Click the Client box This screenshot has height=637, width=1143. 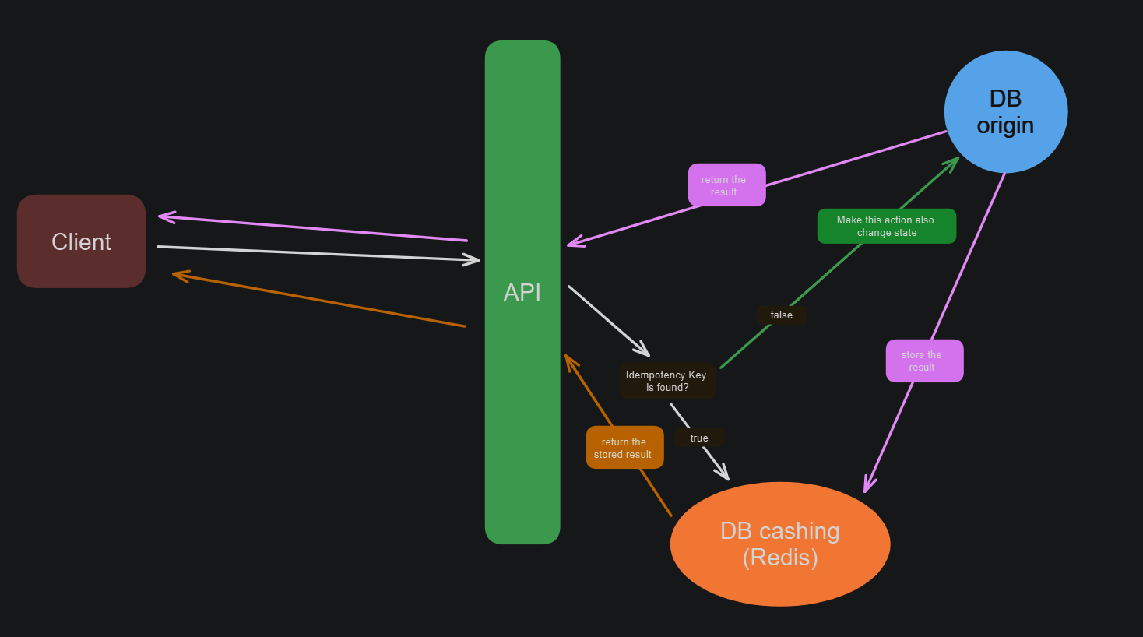[x=81, y=241]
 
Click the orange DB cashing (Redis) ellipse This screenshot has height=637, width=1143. [x=779, y=544]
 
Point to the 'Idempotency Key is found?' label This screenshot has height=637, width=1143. [x=666, y=381]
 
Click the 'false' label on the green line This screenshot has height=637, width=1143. [x=782, y=315]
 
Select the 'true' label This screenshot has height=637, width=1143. [x=699, y=438]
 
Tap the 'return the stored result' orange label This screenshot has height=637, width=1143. [x=624, y=448]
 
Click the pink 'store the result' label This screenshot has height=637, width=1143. [x=924, y=361]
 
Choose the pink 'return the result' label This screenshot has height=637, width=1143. [x=726, y=185]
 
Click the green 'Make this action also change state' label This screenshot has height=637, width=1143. [x=886, y=226]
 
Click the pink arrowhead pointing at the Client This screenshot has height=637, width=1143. [x=164, y=216]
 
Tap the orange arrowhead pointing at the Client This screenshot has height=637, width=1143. [x=178, y=274]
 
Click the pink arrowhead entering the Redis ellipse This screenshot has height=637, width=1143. [x=867, y=487]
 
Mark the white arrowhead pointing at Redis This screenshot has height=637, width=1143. [x=724, y=474]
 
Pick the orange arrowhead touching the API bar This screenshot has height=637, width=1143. [x=568, y=361]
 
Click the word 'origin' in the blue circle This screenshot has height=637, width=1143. [x=1005, y=125]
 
